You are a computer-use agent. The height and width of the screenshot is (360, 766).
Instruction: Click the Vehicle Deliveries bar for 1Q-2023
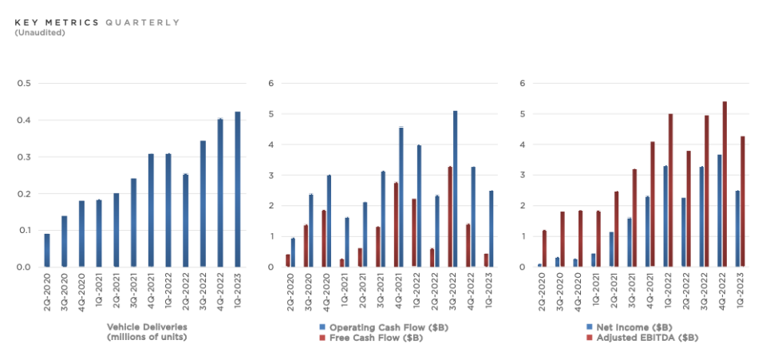pyautogui.click(x=237, y=189)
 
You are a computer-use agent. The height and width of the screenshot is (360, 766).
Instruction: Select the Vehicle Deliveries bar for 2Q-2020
pyautogui.click(x=47, y=250)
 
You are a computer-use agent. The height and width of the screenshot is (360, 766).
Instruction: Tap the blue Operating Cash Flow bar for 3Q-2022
pyautogui.click(x=456, y=188)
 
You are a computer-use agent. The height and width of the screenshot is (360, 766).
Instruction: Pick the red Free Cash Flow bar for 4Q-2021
pyautogui.click(x=396, y=224)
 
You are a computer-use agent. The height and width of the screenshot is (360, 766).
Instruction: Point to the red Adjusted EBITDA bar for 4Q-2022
pyautogui.click(x=725, y=184)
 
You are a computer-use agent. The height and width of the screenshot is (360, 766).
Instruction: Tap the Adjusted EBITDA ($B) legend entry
pyautogui.click(x=638, y=338)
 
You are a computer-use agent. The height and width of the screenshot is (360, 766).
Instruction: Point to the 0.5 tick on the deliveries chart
pyautogui.click(x=23, y=84)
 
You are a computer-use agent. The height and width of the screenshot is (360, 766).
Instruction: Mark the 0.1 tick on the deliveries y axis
pyautogui.click(x=23, y=231)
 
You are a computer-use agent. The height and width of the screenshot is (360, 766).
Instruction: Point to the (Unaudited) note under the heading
pyautogui.click(x=39, y=33)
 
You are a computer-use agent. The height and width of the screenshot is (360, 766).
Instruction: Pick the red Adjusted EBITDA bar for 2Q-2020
pyautogui.click(x=545, y=248)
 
